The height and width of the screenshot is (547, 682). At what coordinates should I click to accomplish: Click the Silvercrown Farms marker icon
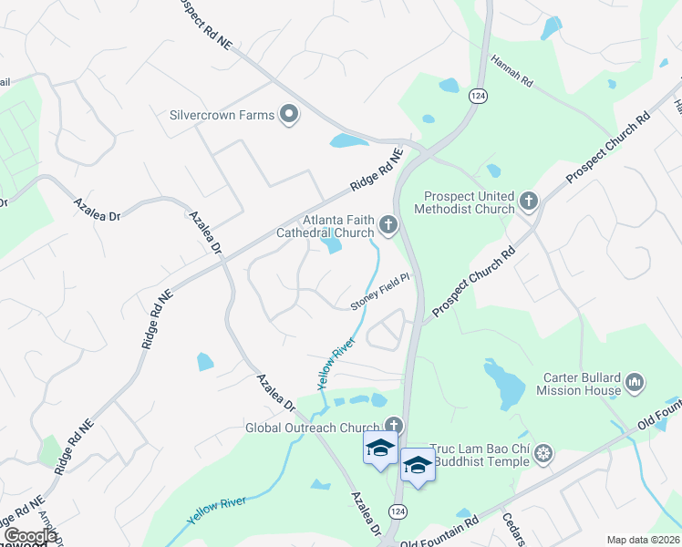pos(290,115)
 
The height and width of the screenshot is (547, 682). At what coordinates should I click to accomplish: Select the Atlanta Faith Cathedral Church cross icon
pos(389,224)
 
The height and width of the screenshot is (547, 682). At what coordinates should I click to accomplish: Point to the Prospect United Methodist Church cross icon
pos(528,200)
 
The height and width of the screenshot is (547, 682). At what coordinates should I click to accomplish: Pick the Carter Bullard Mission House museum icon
pos(636,382)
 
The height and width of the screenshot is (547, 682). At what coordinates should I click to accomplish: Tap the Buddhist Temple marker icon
pos(543,453)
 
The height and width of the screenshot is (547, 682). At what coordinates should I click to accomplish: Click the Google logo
pos(30,535)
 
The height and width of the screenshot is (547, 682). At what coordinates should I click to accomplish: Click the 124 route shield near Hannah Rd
pos(477,95)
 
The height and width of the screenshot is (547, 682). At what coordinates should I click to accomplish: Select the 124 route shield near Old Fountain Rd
pos(397,512)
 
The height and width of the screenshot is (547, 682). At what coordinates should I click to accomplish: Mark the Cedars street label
pos(514,530)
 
